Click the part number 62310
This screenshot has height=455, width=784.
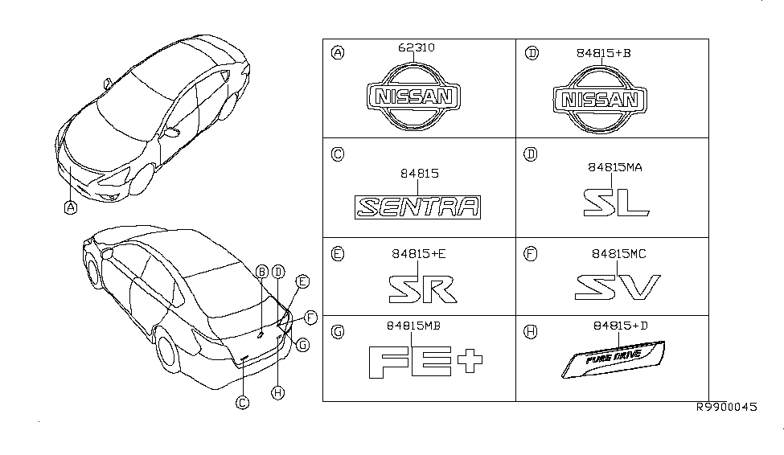tap(417, 48)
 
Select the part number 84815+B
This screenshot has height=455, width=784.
tap(603, 53)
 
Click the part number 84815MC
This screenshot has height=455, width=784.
tap(619, 254)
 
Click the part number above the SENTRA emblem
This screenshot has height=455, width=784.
tap(420, 173)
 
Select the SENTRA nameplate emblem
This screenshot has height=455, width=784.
tap(419, 207)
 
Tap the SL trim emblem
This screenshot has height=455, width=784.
tap(616, 201)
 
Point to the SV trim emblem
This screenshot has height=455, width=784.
tap(618, 287)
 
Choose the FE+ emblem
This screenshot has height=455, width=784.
tap(425, 362)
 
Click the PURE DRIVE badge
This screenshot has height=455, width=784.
tap(615, 359)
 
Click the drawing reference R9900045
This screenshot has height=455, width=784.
tap(727, 408)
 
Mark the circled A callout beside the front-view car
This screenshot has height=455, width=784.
tap(71, 207)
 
